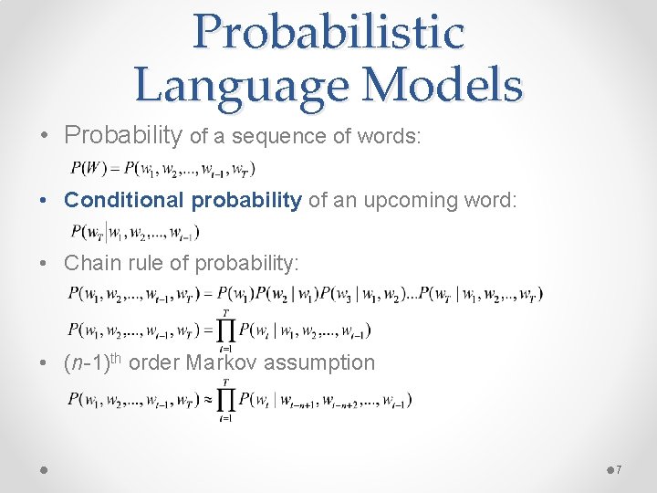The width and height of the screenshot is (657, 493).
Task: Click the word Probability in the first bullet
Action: click(x=123, y=136)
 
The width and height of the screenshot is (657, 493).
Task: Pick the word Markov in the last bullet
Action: click(x=223, y=362)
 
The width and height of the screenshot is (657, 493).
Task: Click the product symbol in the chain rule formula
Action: click(x=224, y=330)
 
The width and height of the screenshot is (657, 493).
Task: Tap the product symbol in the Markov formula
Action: click(x=224, y=400)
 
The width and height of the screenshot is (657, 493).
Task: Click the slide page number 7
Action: click(x=619, y=469)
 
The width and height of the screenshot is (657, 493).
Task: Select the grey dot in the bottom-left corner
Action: click(x=43, y=468)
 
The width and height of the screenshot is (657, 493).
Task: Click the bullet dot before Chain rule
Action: click(x=45, y=264)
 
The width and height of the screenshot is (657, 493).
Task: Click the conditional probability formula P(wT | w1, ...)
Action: click(x=134, y=232)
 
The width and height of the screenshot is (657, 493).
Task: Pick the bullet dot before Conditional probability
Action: click(x=45, y=200)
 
